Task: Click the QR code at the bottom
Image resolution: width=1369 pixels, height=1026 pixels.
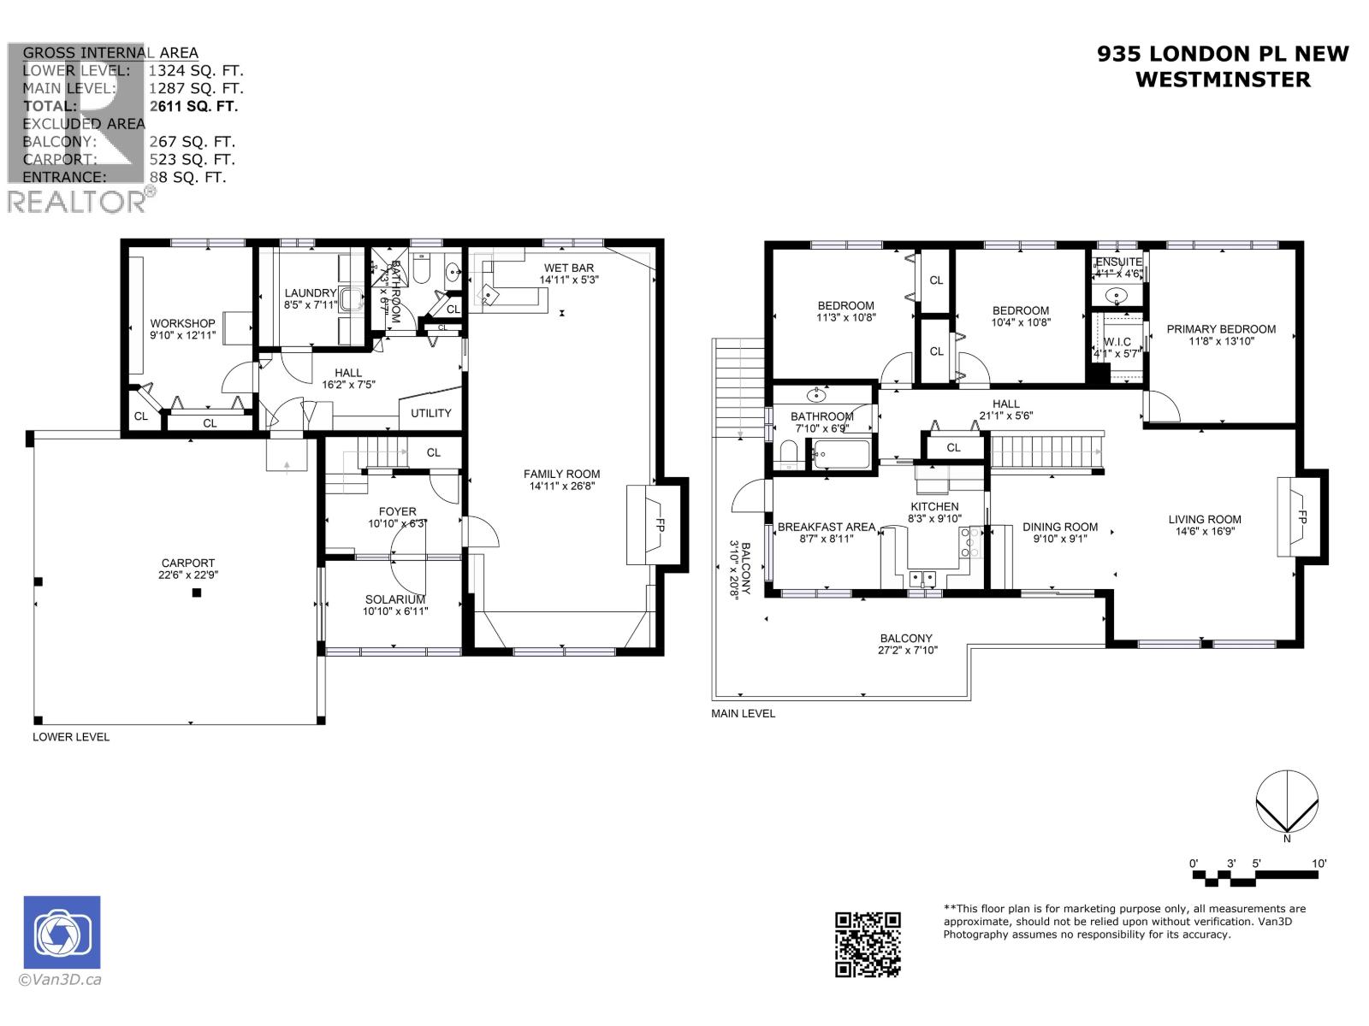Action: click(868, 944)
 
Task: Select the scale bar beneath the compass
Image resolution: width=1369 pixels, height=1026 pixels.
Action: click(1258, 876)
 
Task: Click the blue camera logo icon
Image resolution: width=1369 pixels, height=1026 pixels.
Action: click(62, 932)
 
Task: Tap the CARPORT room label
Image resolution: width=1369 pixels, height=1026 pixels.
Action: click(188, 563)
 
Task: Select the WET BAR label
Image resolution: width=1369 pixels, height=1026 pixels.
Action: click(568, 268)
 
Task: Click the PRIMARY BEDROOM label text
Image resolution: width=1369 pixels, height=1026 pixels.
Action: click(1220, 329)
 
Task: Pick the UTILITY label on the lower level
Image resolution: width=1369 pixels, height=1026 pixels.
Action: click(430, 413)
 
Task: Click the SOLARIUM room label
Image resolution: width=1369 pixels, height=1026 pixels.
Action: click(394, 599)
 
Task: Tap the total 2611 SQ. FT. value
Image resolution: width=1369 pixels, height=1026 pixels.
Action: click(193, 106)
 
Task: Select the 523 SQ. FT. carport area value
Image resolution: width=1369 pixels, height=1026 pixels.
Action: click(192, 159)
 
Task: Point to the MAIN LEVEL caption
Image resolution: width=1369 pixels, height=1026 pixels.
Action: click(743, 713)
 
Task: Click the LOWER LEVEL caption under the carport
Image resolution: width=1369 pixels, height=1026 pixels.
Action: click(71, 736)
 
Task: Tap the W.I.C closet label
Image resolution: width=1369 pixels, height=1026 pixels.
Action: click(1117, 342)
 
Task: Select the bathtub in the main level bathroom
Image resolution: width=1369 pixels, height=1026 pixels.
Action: click(841, 454)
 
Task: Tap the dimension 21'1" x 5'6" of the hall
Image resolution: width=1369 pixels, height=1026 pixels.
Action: click(1005, 416)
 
